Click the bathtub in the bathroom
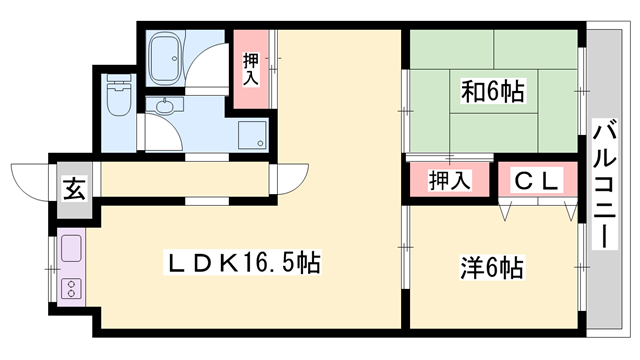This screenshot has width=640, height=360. pyautogui.click(x=164, y=58)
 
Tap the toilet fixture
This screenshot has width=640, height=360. pyautogui.click(x=119, y=95)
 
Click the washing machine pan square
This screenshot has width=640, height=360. pyautogui.click(x=252, y=135)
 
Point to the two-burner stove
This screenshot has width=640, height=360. pyautogui.click(x=71, y=289)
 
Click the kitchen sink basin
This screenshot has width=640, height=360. pyautogui.click(x=71, y=249)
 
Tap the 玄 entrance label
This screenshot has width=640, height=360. pyautogui.click(x=76, y=189)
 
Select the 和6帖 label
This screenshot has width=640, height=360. pyautogui.click(x=492, y=91)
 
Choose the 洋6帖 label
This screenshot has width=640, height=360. pyautogui.click(x=492, y=268)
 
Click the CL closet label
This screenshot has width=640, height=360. pyautogui.click(x=536, y=180)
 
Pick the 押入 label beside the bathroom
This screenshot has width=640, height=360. pyautogui.click(x=251, y=69)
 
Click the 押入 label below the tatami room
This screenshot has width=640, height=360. pyautogui.click(x=449, y=180)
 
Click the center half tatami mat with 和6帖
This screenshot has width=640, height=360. pyautogui.click(x=493, y=91)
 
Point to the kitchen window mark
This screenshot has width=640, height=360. pyautogui.click(x=51, y=269)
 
